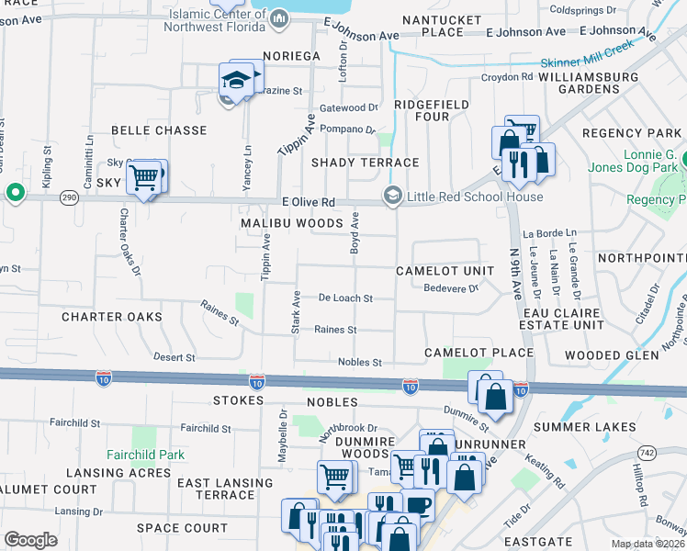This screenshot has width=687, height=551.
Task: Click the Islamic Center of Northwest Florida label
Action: click(220, 20)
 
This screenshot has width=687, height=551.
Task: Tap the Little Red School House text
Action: click(476, 197)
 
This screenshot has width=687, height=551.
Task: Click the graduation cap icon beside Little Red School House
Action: click(393, 196)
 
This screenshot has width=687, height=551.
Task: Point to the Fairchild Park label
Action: click(145, 455)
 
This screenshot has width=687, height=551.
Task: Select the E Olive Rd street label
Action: click(308, 202)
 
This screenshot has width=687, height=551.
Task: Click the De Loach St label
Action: click(345, 298)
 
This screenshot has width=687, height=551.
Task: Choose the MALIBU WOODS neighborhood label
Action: click(291, 223)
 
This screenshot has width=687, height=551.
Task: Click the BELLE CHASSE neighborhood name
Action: click(159, 130)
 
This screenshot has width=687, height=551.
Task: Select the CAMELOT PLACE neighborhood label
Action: click(479, 353)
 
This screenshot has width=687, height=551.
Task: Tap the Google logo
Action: click(30, 539)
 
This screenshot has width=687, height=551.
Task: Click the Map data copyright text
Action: click(648, 544)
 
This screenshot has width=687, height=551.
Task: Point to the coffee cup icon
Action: click(419, 505)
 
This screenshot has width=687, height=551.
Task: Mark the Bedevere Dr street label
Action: click(451, 288)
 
